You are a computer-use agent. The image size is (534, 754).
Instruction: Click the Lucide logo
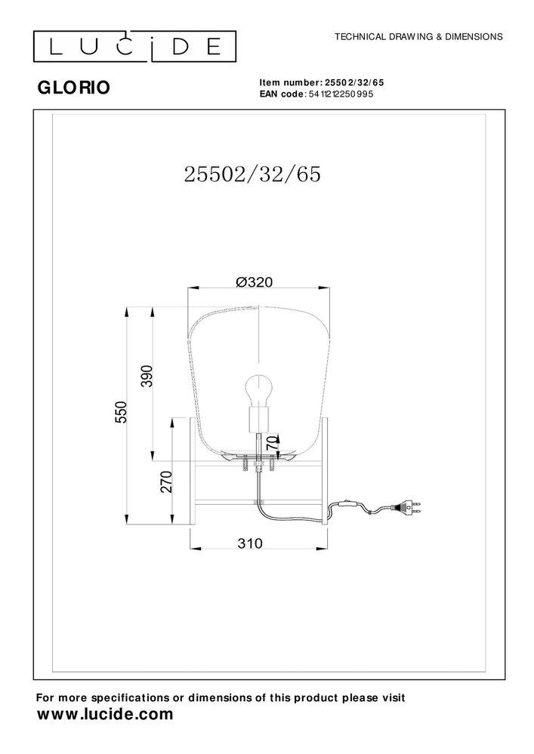pos(134,47)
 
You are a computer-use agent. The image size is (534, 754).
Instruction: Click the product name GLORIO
pos(73,88)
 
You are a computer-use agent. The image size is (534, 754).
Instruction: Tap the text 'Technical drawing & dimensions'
pos(418,36)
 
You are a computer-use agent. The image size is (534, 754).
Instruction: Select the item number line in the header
pos(321,83)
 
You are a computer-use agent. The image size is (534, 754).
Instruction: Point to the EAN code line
pos(316,94)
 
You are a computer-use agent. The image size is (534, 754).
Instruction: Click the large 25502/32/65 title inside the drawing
pos(252,174)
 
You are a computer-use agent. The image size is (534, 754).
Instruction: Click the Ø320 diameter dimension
pos(254,282)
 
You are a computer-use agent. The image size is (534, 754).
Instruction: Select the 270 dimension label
pos(165,482)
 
